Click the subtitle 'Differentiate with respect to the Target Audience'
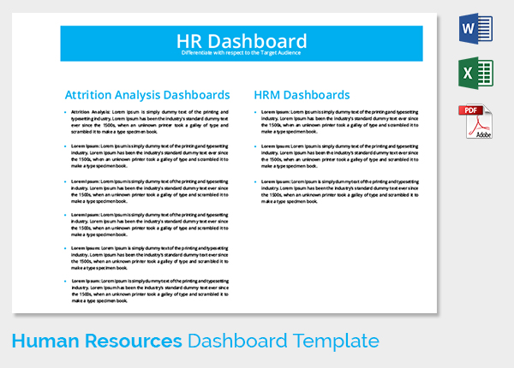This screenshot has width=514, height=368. [x=241, y=54]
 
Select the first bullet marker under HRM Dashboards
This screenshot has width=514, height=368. [x=255, y=112]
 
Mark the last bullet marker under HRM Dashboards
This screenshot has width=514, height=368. [x=255, y=181]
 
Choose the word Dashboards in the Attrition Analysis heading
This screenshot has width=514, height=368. [x=198, y=94]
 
